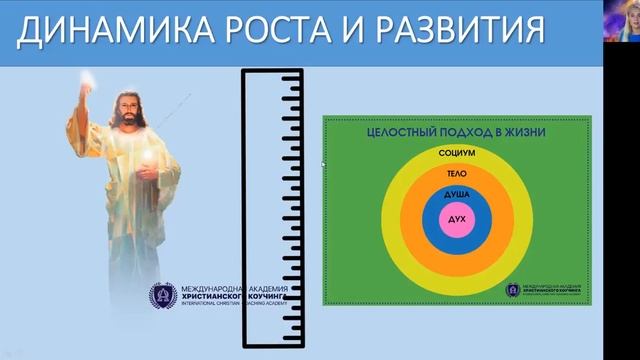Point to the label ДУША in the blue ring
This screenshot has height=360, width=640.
455,193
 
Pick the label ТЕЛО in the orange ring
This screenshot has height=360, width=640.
455,172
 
